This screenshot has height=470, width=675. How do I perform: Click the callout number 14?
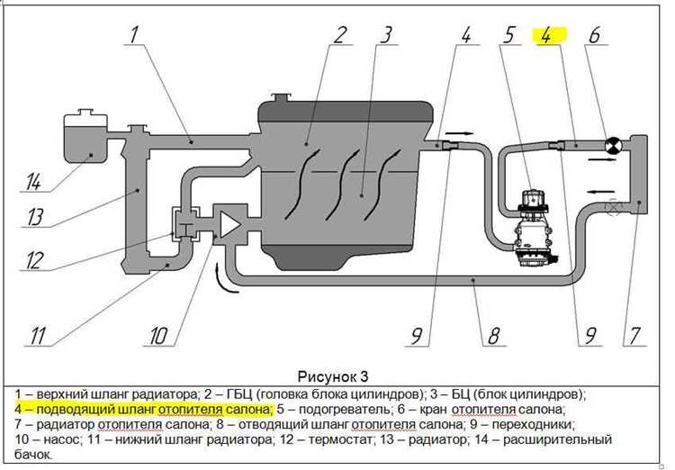click(x=33, y=182)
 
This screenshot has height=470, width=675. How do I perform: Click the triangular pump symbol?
click(x=229, y=223)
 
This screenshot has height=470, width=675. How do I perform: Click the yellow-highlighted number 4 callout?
click(x=549, y=36)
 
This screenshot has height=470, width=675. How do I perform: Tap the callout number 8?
click(x=492, y=337)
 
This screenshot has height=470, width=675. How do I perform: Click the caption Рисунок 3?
click(x=332, y=375)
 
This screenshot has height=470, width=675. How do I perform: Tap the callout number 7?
click(x=634, y=337)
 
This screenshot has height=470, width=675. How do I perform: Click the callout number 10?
click(x=158, y=337)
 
